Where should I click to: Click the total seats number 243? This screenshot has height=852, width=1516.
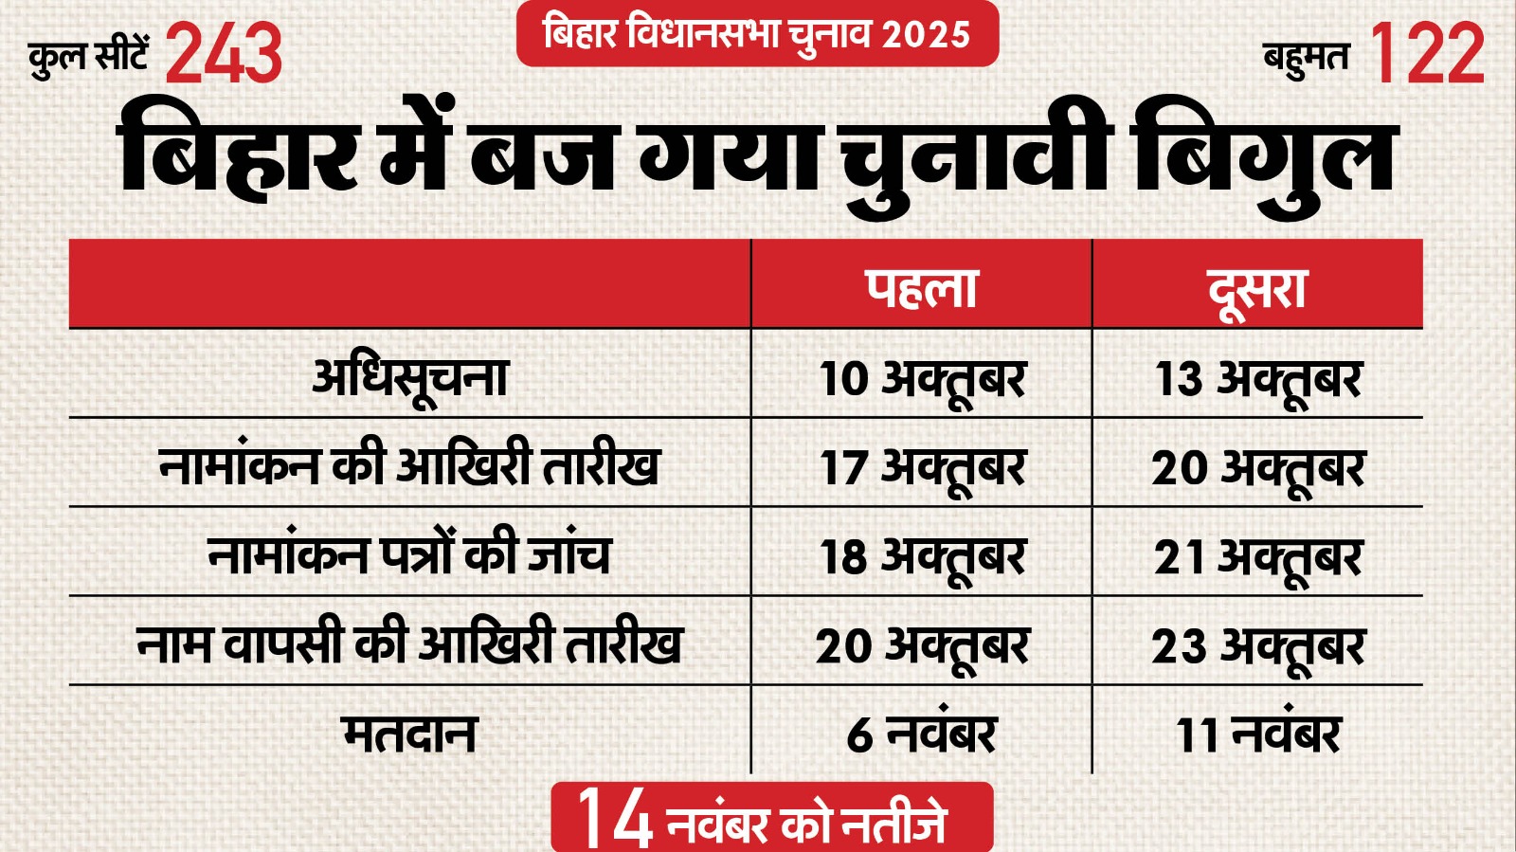pos(225,54)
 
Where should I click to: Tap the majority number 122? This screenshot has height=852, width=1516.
pos(1427,54)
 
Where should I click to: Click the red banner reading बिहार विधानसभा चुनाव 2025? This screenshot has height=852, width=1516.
pos(757,34)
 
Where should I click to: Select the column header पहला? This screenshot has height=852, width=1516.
pos(921,288)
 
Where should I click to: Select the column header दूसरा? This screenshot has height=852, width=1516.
pos(1257,288)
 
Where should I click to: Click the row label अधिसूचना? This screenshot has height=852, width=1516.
pos(410,377)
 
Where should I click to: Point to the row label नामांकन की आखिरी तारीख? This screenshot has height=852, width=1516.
pos(409,465)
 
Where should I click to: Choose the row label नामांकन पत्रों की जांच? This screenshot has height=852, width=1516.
pos(409,554)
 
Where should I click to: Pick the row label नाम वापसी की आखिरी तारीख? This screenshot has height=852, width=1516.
pos(409,644)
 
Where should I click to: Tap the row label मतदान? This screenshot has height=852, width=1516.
pos(409,734)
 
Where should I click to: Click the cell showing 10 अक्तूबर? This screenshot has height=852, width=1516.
pos(922,378)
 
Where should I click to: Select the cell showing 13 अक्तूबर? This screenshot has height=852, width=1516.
pos(1257,378)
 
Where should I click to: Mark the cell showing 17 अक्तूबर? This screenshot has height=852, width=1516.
pos(922,467)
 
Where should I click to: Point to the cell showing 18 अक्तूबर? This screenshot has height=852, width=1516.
pos(922,556)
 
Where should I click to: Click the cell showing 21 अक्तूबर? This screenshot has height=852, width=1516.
pos(1257,556)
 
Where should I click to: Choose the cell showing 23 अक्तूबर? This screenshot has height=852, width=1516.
pos(1257,646)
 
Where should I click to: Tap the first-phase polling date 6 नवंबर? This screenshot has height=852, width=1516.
pos(922,734)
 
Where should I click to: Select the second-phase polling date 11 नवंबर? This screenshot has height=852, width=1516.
pos(1257,734)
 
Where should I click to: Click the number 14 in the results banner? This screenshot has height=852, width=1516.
pos(614,817)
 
